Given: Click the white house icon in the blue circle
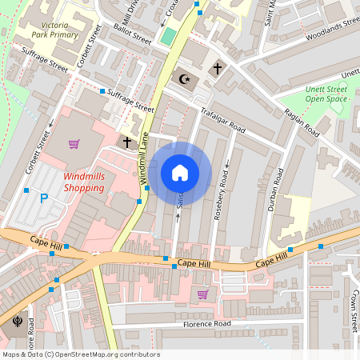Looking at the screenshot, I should (180, 173).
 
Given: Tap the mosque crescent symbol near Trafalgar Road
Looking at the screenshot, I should (185, 78).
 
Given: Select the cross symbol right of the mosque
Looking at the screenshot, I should (217, 70).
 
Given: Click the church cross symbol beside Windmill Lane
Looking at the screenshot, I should (126, 142).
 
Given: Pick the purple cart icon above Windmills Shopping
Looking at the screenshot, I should (74, 144).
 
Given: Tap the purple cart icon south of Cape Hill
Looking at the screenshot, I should (202, 294).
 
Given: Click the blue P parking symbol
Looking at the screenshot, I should (44, 198).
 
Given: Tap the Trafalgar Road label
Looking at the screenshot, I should (222, 118).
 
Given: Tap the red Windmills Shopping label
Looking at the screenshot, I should (83, 181).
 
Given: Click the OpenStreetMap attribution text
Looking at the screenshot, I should (81, 354).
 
